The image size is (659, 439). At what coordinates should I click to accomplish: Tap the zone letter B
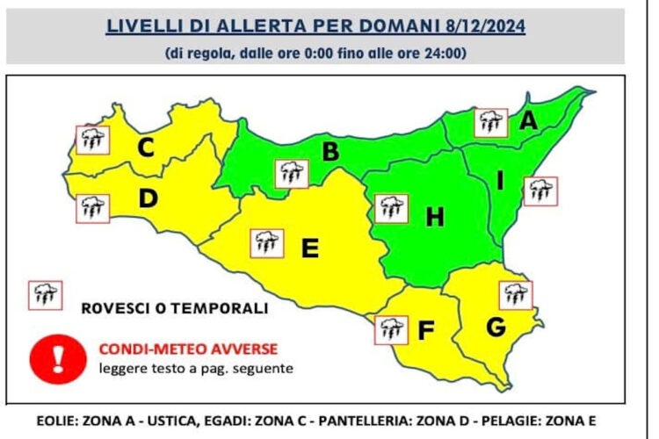(x=330, y=152)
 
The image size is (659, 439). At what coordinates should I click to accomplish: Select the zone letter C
(x=146, y=148)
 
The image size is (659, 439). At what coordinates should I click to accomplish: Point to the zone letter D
(x=148, y=200)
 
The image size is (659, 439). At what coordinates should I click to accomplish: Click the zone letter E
(x=309, y=248)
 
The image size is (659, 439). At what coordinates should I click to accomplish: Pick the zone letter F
(x=426, y=331)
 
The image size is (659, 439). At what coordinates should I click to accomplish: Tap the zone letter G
(x=496, y=327)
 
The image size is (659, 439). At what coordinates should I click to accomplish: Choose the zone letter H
(x=434, y=217)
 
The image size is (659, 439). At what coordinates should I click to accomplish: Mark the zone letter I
(x=500, y=181)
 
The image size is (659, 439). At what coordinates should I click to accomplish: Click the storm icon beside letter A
(x=490, y=121)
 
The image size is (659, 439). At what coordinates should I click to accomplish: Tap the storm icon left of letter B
(x=291, y=173)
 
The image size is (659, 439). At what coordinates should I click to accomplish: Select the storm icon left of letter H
(x=390, y=208)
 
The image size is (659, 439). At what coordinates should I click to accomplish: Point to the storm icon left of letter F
(x=390, y=329)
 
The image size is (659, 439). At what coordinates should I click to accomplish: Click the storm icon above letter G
(x=515, y=295)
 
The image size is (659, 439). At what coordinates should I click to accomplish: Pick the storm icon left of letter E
(x=266, y=242)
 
